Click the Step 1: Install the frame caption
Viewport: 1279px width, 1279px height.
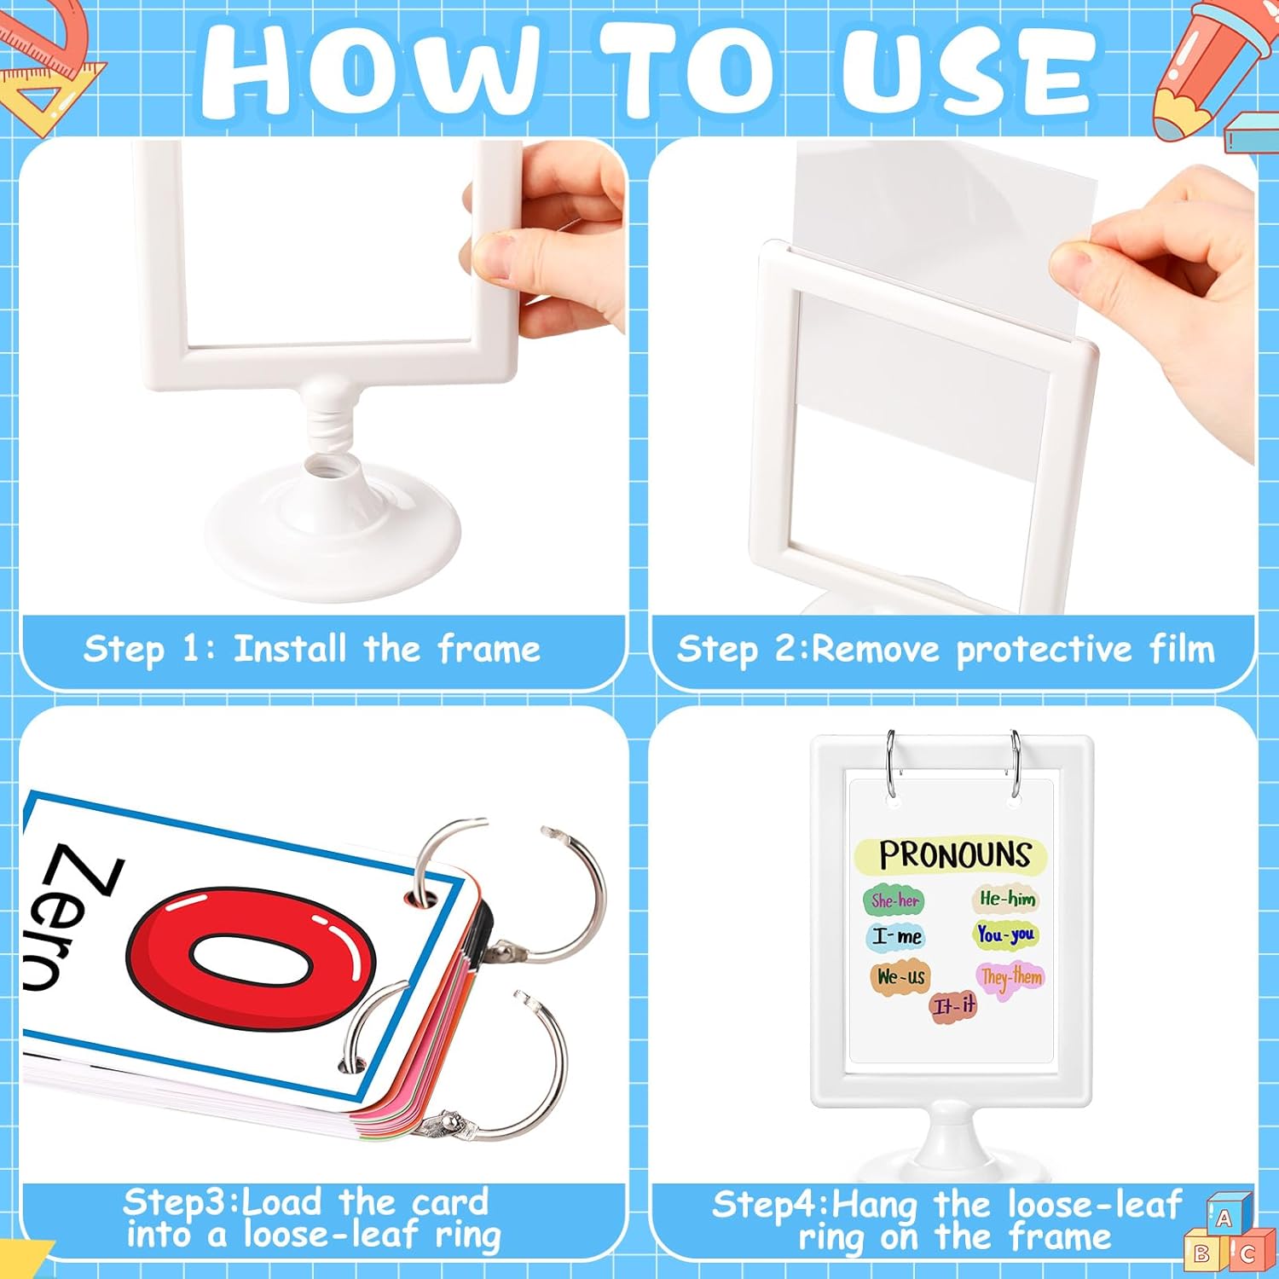point(312,649)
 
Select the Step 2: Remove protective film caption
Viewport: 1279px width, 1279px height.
point(946,650)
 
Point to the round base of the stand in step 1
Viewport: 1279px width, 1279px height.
point(333,529)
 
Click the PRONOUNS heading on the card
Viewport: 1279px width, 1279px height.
point(954,854)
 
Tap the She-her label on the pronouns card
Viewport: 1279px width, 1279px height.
point(894,900)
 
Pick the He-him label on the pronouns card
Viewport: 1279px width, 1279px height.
point(1007,898)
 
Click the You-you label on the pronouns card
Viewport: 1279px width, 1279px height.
point(1005,935)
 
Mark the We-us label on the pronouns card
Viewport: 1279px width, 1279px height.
point(900,976)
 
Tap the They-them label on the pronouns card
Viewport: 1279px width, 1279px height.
point(1011,976)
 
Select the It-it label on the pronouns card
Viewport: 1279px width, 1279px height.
point(953,1006)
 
